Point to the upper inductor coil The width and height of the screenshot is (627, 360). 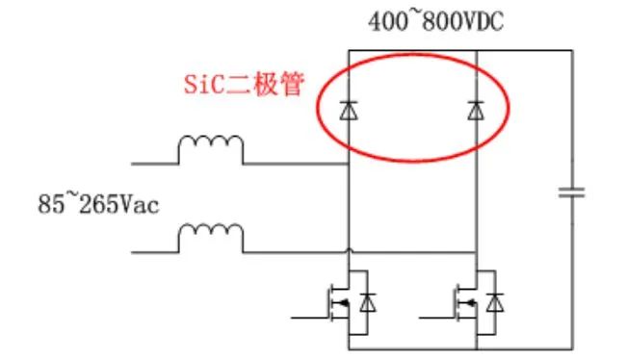(x=210, y=147)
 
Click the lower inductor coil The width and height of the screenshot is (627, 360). (x=210, y=234)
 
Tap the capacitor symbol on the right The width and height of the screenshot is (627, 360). (x=572, y=193)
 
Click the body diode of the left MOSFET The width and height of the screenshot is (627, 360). (x=368, y=304)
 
